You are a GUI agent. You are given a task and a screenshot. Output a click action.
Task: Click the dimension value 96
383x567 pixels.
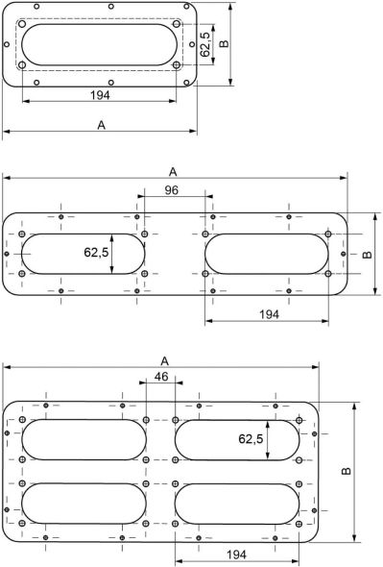pos(171,190)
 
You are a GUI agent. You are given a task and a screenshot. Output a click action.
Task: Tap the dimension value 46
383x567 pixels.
pos(161,377)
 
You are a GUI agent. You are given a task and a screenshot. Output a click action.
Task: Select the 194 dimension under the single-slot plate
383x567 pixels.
pos(100,95)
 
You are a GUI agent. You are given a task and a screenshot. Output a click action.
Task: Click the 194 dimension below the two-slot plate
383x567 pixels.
pos(269,314)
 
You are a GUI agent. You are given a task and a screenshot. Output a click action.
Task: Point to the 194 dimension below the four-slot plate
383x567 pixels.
pos(237,555)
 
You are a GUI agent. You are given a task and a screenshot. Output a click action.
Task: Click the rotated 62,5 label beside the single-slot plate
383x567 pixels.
pos(204,44)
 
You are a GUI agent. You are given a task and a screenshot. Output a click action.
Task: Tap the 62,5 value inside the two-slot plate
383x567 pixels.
pos(96,252)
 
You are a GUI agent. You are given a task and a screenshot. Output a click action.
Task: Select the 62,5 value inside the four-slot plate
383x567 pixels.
pos(251,438)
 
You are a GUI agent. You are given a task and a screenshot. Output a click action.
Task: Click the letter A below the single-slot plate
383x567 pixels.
pos(102,125)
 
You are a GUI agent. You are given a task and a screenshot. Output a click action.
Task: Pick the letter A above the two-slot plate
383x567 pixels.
pos(173,172)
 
